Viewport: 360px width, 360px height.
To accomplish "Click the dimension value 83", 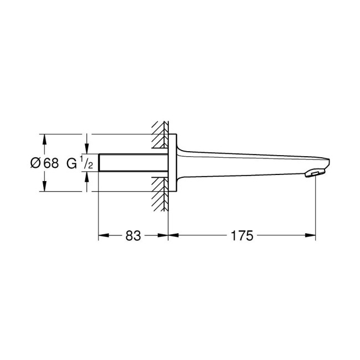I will pos(133,235).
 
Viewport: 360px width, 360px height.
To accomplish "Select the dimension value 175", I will pos(242,235).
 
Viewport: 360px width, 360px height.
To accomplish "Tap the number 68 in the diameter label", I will pos(50,163).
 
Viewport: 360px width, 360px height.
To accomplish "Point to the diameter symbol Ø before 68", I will pos(35,163).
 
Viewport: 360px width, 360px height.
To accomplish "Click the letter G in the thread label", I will pos(71,163).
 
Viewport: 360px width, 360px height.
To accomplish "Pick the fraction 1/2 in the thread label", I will pos(84,163).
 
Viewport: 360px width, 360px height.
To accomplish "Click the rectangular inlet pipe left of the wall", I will pos(133,163).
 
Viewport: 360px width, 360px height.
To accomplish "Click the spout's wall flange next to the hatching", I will pos(172,163).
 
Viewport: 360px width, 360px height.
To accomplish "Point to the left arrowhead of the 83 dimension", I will pos(102,235).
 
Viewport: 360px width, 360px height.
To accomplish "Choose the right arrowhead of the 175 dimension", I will pos(312,235).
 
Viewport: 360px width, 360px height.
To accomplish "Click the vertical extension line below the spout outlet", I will pos(316,210).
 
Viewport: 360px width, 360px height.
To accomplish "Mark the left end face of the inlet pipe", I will pos(99,163).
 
